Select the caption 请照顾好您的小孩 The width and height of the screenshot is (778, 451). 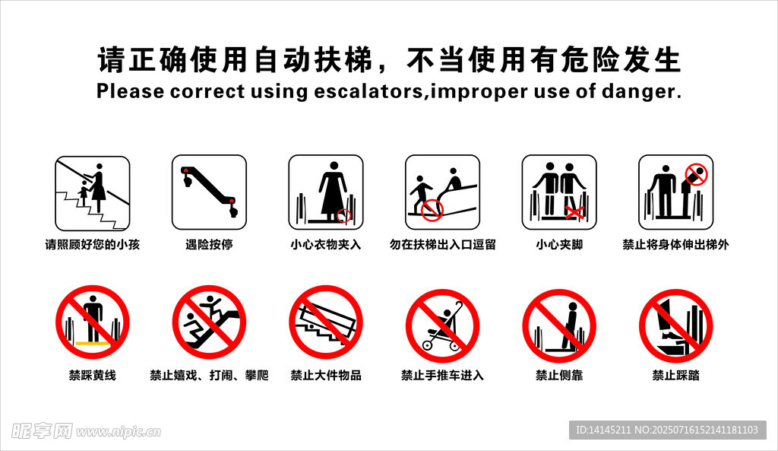pyautogui.click(x=92, y=244)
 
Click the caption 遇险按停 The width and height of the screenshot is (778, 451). pyautogui.click(x=209, y=244)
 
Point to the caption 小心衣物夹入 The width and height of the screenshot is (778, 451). pyautogui.click(x=325, y=244)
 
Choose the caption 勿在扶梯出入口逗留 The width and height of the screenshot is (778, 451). pyautogui.click(x=443, y=244)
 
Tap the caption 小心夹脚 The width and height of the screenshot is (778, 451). pyautogui.click(x=559, y=244)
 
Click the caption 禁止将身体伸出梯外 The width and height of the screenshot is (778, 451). pyautogui.click(x=675, y=244)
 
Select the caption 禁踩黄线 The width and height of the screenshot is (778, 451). pyautogui.click(x=92, y=375)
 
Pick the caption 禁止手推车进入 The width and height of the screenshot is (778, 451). pyautogui.click(x=443, y=375)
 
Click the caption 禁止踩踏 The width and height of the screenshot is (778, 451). pyautogui.click(x=675, y=375)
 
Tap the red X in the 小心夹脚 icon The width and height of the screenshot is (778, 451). pyautogui.click(x=574, y=213)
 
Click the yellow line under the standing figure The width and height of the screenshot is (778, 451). pyautogui.click(x=92, y=343)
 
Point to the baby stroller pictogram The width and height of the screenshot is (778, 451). pyautogui.click(x=443, y=326)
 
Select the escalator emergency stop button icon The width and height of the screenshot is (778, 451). pyautogui.click(x=209, y=192)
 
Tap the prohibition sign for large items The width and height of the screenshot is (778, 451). pyautogui.click(x=326, y=322)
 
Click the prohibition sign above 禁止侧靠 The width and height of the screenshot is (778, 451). pyautogui.click(x=559, y=326)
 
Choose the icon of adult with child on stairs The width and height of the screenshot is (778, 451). pyautogui.click(x=92, y=193)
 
